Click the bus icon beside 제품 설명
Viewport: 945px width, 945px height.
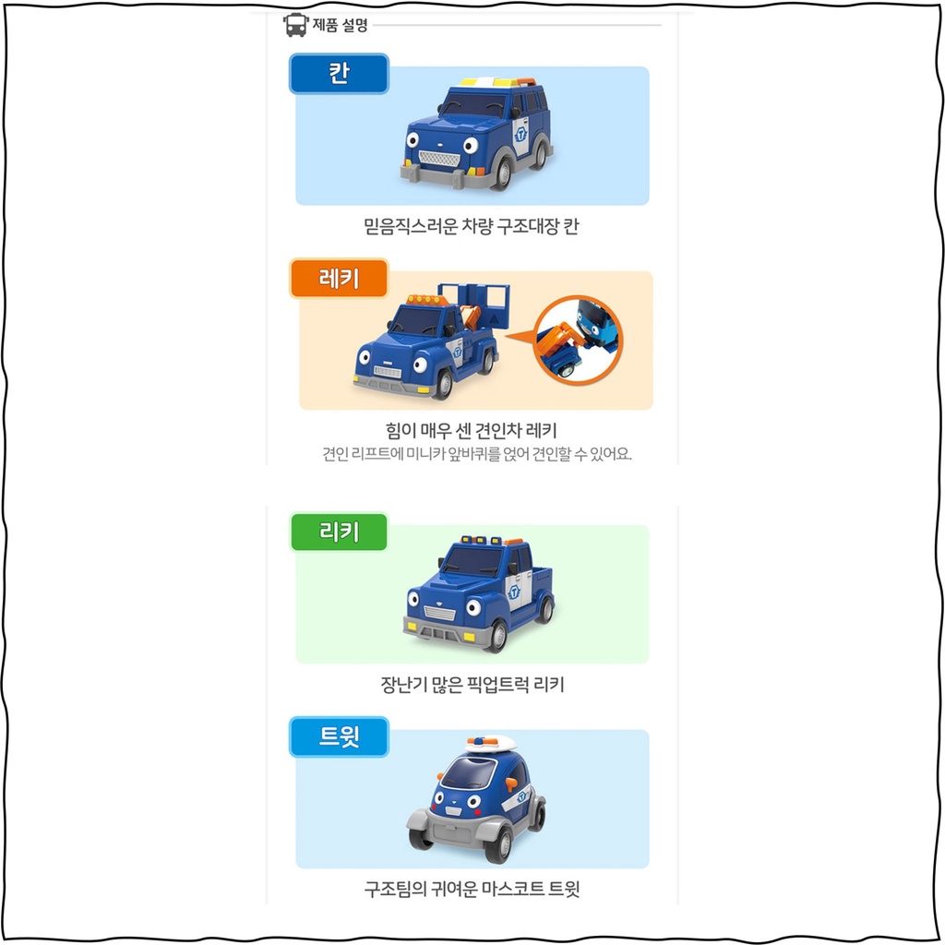pyautogui.click(x=295, y=25)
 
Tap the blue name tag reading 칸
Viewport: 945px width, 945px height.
pyautogui.click(x=339, y=74)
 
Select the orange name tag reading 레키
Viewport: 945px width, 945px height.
pyautogui.click(x=339, y=279)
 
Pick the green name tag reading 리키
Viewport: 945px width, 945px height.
pyautogui.click(x=339, y=532)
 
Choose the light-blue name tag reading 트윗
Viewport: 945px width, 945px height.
pyautogui.click(x=339, y=736)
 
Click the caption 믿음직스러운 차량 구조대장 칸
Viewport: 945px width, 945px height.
pyautogui.click(x=472, y=226)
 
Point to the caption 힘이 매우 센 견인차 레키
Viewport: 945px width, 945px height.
pyautogui.click(x=472, y=430)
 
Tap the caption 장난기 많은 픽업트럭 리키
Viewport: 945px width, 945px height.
pyautogui.click(x=472, y=684)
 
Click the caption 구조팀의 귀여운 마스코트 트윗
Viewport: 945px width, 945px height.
pyautogui.click(x=472, y=889)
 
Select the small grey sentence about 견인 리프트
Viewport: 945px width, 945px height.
pyautogui.click(x=477, y=453)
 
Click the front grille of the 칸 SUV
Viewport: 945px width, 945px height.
pyautogui.click(x=439, y=160)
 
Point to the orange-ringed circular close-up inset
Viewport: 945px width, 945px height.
pyautogui.click(x=579, y=340)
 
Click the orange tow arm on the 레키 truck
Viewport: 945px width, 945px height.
pyautogui.click(x=470, y=317)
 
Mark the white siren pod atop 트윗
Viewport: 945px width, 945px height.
pyautogui.click(x=491, y=743)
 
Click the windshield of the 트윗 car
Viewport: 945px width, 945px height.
pyautogui.click(x=469, y=772)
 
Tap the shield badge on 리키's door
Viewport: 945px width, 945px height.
pyautogui.click(x=514, y=592)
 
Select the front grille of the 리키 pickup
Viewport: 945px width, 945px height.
pyautogui.click(x=440, y=614)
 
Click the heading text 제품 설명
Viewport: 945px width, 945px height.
pyautogui.click(x=340, y=25)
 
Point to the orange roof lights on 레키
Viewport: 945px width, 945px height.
pyautogui.click(x=426, y=300)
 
